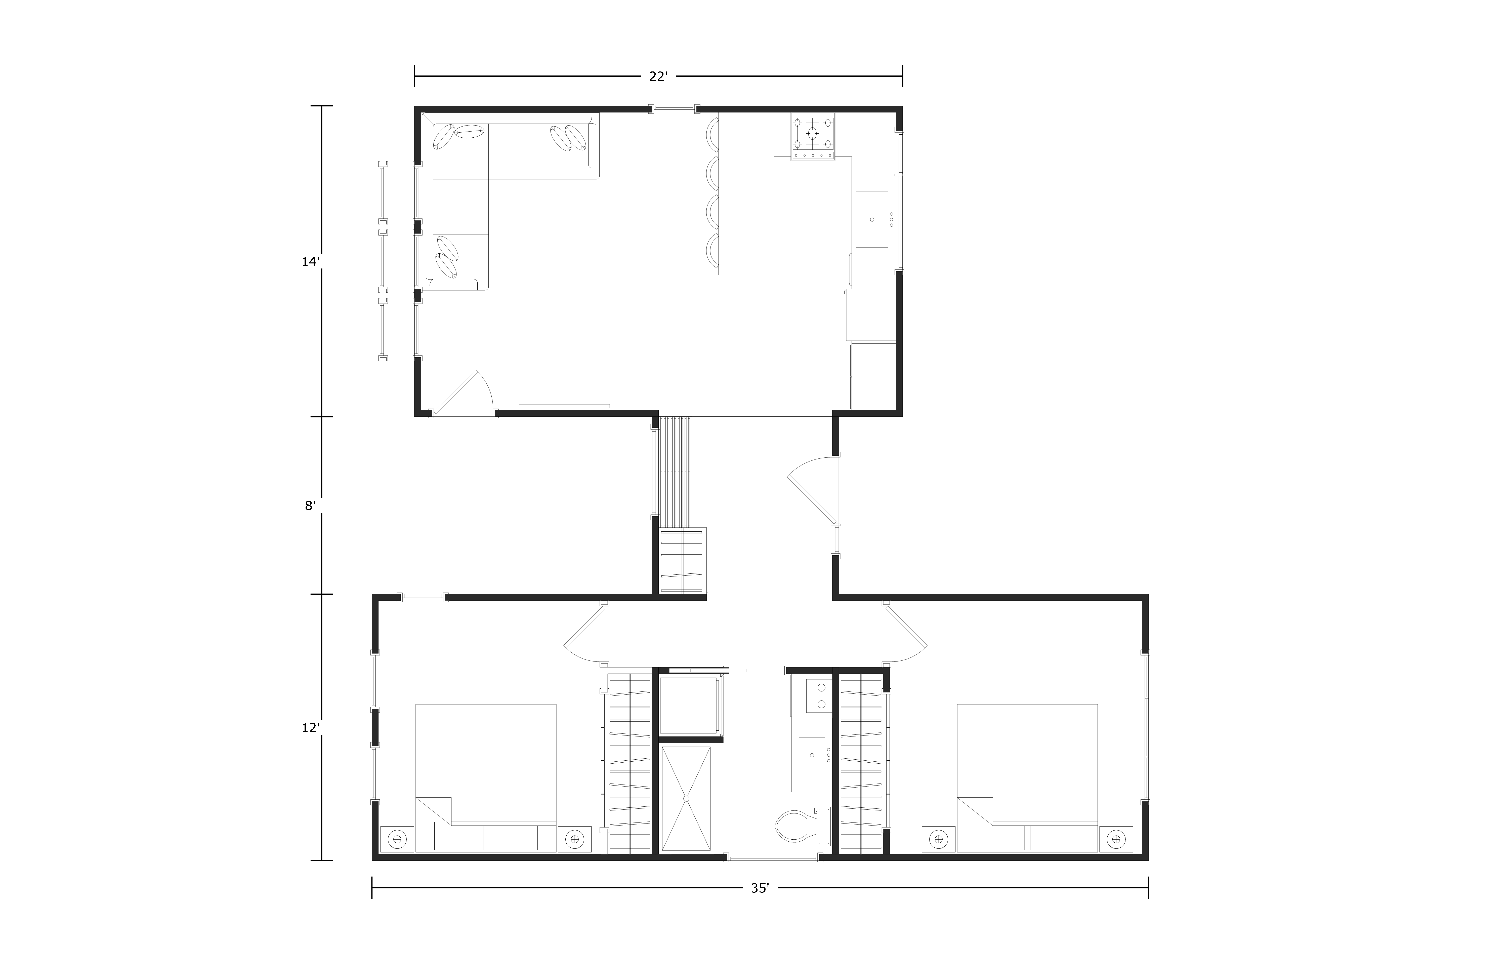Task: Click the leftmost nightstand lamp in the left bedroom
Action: [397, 839]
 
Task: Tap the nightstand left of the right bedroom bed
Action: [938, 839]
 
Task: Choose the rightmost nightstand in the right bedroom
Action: [1116, 839]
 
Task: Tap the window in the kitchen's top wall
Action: [674, 108]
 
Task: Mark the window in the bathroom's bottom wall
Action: [774, 858]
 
